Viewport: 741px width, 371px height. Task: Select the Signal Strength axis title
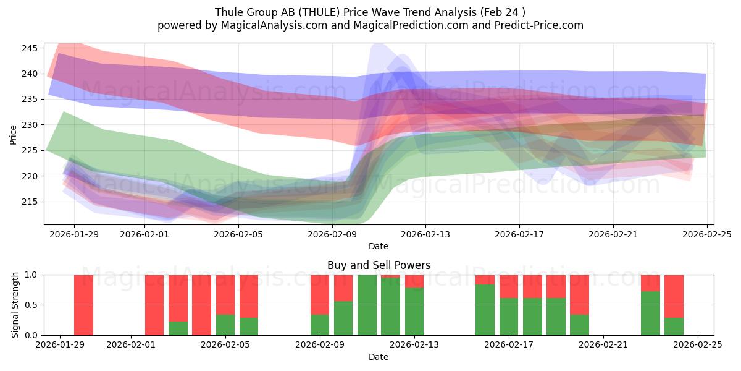point(16,305)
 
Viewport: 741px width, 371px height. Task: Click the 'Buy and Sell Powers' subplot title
point(379,265)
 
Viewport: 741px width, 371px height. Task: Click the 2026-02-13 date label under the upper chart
point(425,234)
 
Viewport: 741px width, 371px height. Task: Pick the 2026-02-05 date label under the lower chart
point(226,345)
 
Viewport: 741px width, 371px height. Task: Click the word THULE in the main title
point(307,12)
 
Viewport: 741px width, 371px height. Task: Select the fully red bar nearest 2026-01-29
point(83,305)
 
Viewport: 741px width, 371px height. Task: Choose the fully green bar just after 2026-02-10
point(367,305)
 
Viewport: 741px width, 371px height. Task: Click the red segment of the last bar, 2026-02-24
point(674,296)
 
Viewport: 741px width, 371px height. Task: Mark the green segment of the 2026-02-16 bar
point(485,309)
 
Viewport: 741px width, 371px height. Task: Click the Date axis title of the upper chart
point(379,246)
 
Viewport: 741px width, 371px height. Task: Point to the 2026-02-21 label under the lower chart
point(603,345)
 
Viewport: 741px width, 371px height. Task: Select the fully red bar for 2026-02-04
point(201,305)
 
